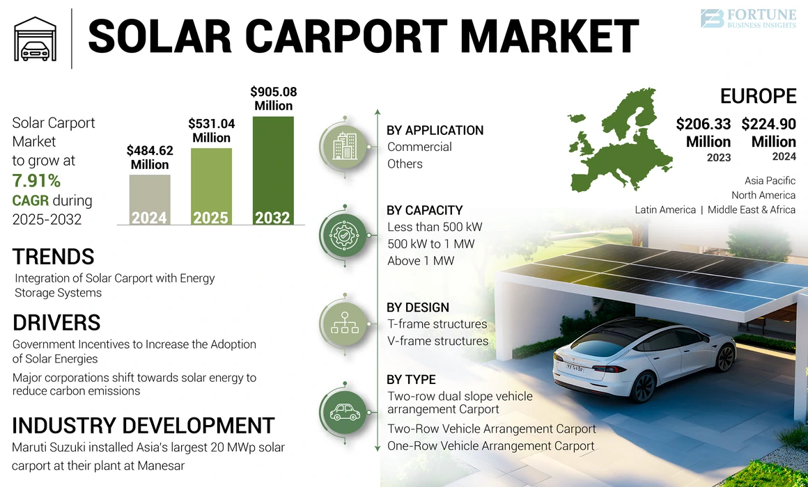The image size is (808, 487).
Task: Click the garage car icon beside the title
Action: tap(36, 38)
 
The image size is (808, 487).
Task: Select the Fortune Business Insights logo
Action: tap(748, 19)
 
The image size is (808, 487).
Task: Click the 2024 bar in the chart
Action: tap(150, 200)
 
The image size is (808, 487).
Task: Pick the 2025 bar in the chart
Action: tap(210, 186)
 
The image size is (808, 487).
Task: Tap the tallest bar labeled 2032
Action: tap(272, 170)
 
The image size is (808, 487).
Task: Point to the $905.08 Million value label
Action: tap(273, 98)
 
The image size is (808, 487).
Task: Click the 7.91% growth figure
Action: tap(36, 181)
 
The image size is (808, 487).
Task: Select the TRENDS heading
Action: tap(53, 257)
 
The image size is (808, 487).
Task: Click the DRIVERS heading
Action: tap(56, 322)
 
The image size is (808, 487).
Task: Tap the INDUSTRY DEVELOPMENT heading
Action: tap(143, 425)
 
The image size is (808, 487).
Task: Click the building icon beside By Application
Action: tap(344, 146)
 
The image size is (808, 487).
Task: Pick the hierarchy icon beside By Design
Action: tap(344, 323)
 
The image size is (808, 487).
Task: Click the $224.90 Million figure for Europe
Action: tap(768, 132)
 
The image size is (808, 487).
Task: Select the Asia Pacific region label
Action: tap(770, 181)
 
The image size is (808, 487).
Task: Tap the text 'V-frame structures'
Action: tap(437, 341)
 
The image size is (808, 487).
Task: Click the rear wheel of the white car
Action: tap(642, 385)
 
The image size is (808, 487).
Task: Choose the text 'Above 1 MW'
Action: tap(421, 261)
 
